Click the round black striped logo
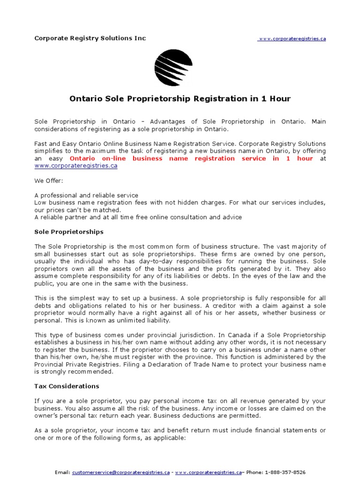pos(173,68)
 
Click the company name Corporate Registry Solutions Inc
pos(90,38)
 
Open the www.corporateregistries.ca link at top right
pos(292,39)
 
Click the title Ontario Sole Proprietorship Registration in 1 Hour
pos(180,99)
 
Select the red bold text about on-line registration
pos(191,158)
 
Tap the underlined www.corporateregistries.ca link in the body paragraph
pos(75,166)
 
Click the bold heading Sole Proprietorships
pos(69,232)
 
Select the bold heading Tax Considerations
pos(67,386)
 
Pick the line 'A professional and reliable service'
pos(86,195)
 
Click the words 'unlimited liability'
pos(144,320)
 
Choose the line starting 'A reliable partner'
pos(138,217)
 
